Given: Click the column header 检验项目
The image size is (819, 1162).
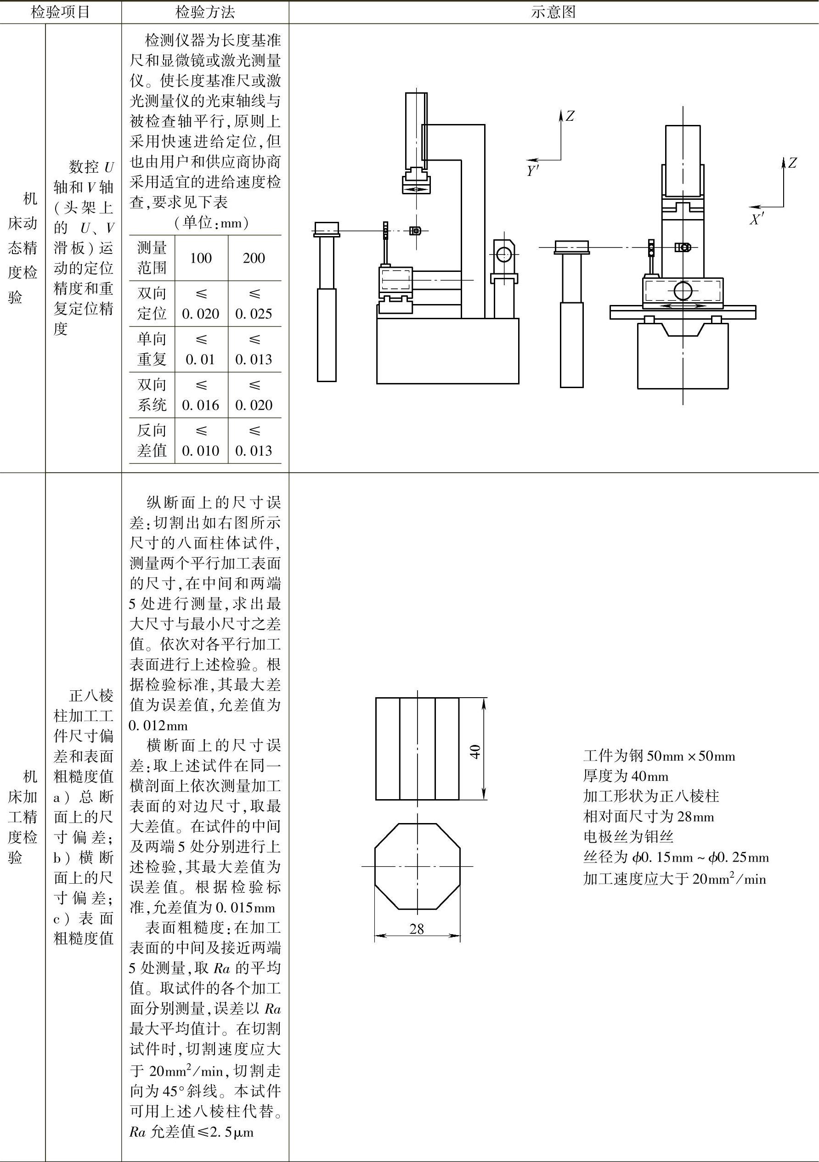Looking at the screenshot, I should coord(60,12).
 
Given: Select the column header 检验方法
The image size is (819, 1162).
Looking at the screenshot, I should coord(205,12).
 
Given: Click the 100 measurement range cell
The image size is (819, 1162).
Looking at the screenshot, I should coord(200,258).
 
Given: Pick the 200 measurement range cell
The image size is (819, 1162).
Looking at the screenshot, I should coord(254,258).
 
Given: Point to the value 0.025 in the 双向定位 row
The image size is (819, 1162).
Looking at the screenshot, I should coord(254,314).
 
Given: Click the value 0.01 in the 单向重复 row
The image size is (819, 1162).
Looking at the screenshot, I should coord(200,359).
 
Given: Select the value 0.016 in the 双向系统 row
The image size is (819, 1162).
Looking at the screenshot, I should coord(200,405).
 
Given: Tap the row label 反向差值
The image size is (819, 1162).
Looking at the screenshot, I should coord(152,440).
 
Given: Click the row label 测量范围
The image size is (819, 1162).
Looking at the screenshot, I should coord(152,258).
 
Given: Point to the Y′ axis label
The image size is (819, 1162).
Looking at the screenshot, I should coord(532,171).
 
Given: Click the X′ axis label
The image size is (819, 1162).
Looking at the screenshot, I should coord(757,219).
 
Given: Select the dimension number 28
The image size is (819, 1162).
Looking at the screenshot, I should coord(417,928).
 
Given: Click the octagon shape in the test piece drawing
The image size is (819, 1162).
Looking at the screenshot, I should coord(417,866).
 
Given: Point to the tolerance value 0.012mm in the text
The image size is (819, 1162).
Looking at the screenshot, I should coord(158,725).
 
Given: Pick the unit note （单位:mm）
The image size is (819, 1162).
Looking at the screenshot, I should coord(211,223).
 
